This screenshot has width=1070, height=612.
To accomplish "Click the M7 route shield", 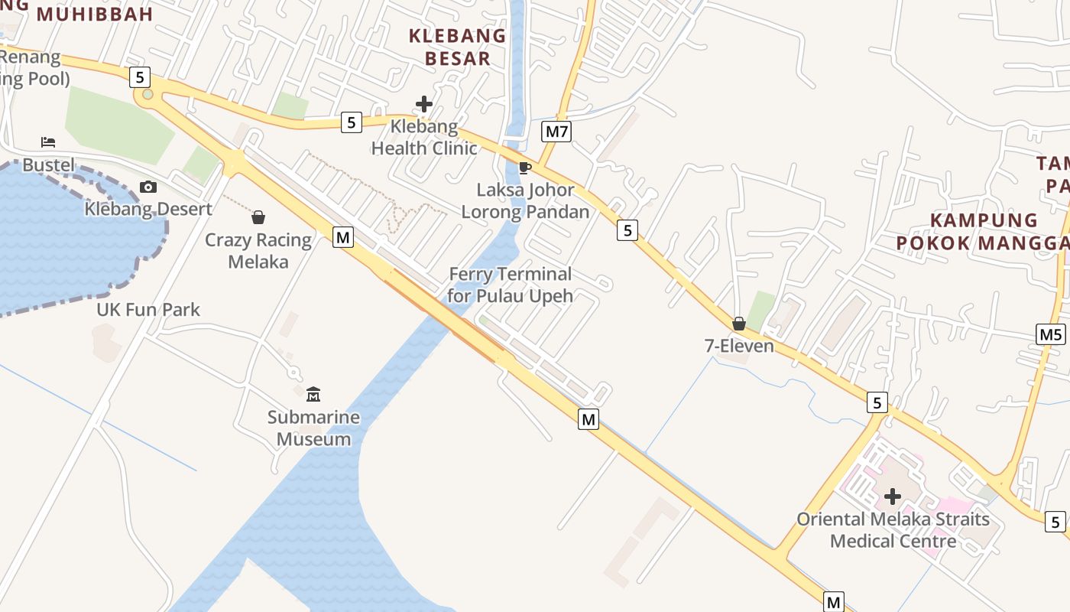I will coord(556,132).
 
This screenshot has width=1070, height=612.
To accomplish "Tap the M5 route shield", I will coord(1051,334).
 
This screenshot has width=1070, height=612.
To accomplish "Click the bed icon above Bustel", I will coord(48,142).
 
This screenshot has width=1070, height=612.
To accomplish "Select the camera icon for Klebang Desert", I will coord(148,187).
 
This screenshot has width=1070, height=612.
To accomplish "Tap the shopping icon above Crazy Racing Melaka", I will coord(258,218).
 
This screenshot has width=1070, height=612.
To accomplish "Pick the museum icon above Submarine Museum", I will coord(313,395).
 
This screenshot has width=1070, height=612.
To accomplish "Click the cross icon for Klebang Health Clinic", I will coord(424,104).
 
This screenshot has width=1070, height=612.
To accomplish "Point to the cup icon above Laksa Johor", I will coord(524,168).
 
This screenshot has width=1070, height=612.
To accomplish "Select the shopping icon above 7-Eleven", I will coord(739,324).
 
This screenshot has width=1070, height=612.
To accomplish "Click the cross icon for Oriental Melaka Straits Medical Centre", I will coord(892,497).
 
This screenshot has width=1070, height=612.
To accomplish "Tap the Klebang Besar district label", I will coord(457,47).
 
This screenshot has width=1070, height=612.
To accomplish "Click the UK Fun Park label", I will coord(148,310).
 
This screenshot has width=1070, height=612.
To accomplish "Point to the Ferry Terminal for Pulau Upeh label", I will coord(511,285).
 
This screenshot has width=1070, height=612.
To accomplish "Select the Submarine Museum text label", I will coord(313,428).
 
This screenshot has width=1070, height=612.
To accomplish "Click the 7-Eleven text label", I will coord(739,346).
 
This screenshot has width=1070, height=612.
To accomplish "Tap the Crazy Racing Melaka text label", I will coord(258,251).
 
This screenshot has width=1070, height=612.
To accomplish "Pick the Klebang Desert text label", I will coord(148,209).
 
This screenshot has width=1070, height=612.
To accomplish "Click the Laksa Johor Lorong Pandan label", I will coord(525,201).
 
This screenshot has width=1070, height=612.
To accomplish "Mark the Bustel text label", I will coord(49,165).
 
